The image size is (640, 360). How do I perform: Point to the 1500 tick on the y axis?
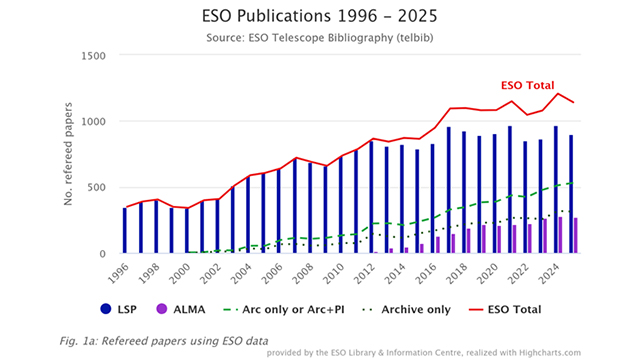point(93,56)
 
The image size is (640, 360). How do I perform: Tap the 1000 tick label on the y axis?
point(93,122)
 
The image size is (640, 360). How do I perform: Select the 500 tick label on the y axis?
point(97,188)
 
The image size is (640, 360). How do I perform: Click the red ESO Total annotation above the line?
point(527,86)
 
